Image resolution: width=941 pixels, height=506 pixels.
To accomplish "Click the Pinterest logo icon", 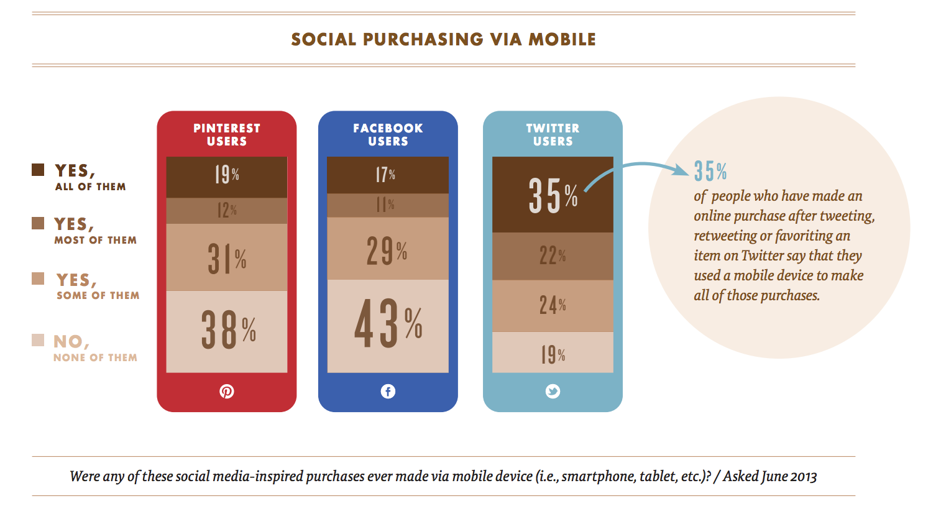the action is click(x=227, y=391).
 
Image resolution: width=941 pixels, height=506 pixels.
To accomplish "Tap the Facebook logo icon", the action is click(x=388, y=391).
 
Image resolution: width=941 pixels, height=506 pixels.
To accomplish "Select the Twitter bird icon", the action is click(x=553, y=391).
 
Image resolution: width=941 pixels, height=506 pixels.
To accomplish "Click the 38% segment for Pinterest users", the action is click(x=227, y=331).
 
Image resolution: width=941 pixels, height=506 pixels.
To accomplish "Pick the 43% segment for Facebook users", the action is click(x=388, y=326).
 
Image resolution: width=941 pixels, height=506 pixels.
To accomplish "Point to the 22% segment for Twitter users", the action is click(x=553, y=256).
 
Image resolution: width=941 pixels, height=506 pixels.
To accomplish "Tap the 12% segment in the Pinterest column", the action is click(x=227, y=211).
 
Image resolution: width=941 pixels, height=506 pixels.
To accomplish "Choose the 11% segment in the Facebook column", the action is click(x=388, y=206).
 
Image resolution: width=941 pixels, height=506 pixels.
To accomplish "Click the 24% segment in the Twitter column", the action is click(x=553, y=306).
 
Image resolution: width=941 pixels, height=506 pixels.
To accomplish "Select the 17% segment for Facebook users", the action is click(x=388, y=175).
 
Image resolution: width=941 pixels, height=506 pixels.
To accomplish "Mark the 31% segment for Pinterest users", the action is click(x=227, y=257).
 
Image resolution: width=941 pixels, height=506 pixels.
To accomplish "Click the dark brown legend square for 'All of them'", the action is click(x=38, y=170).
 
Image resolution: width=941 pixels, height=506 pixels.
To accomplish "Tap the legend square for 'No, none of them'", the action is click(x=38, y=341).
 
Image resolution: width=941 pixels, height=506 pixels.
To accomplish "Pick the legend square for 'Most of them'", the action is click(x=38, y=223).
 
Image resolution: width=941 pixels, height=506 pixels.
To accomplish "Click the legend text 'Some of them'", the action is click(x=98, y=295).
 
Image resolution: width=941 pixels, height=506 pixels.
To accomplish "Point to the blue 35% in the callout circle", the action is click(x=710, y=171).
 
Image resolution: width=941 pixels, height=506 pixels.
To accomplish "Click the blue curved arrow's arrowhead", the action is click(x=681, y=170).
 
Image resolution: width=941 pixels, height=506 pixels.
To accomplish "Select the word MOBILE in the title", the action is click(x=562, y=40).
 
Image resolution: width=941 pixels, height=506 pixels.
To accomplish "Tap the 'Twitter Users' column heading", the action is click(x=553, y=134).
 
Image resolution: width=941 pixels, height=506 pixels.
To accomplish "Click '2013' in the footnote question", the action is click(x=803, y=477).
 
